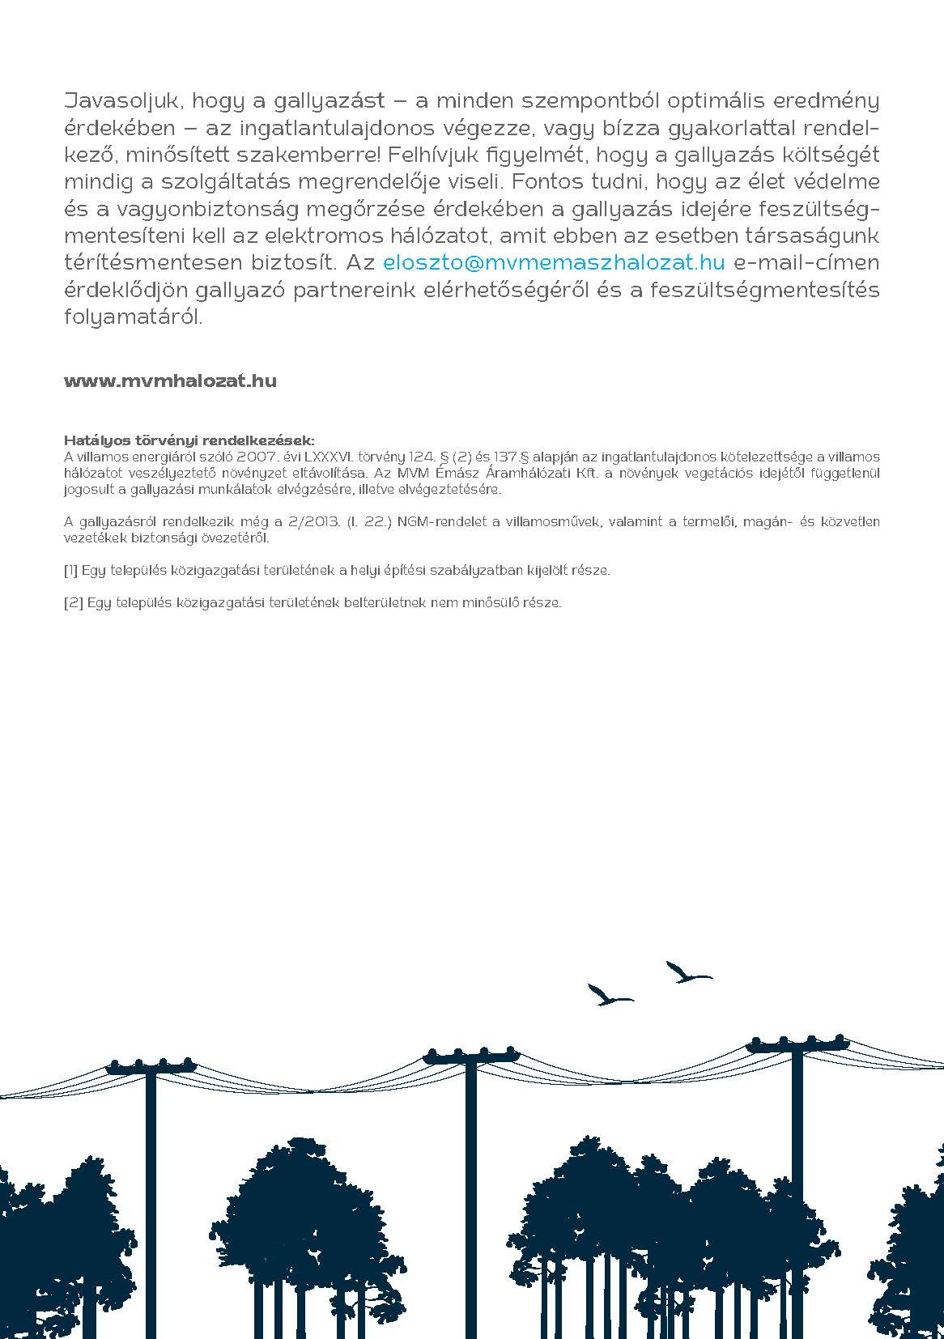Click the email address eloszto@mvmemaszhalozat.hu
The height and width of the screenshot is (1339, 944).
click(554, 262)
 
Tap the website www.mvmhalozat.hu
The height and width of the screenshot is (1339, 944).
click(170, 381)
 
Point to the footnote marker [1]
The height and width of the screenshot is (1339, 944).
click(70, 570)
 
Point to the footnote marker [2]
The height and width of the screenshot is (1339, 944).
click(70, 602)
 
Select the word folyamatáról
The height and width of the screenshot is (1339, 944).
click(133, 317)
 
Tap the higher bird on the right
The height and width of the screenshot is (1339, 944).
click(687, 972)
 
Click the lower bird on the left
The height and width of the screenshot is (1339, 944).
click(608, 993)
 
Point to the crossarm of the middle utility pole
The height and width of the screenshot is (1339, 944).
click(470, 1056)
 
